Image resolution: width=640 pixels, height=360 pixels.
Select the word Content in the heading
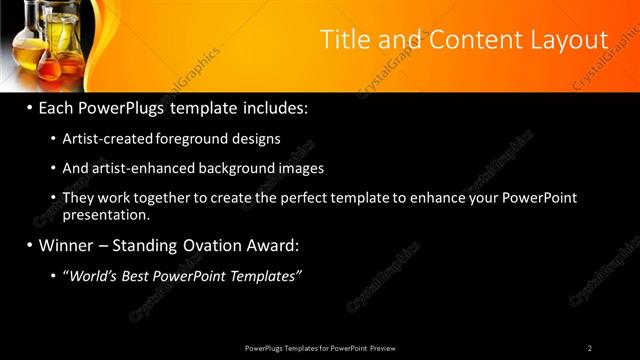click(466, 40)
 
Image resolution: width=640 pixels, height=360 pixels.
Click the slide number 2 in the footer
click(589, 348)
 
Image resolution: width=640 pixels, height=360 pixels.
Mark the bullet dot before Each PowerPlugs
click(31, 107)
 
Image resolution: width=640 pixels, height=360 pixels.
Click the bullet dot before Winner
click(31, 246)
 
